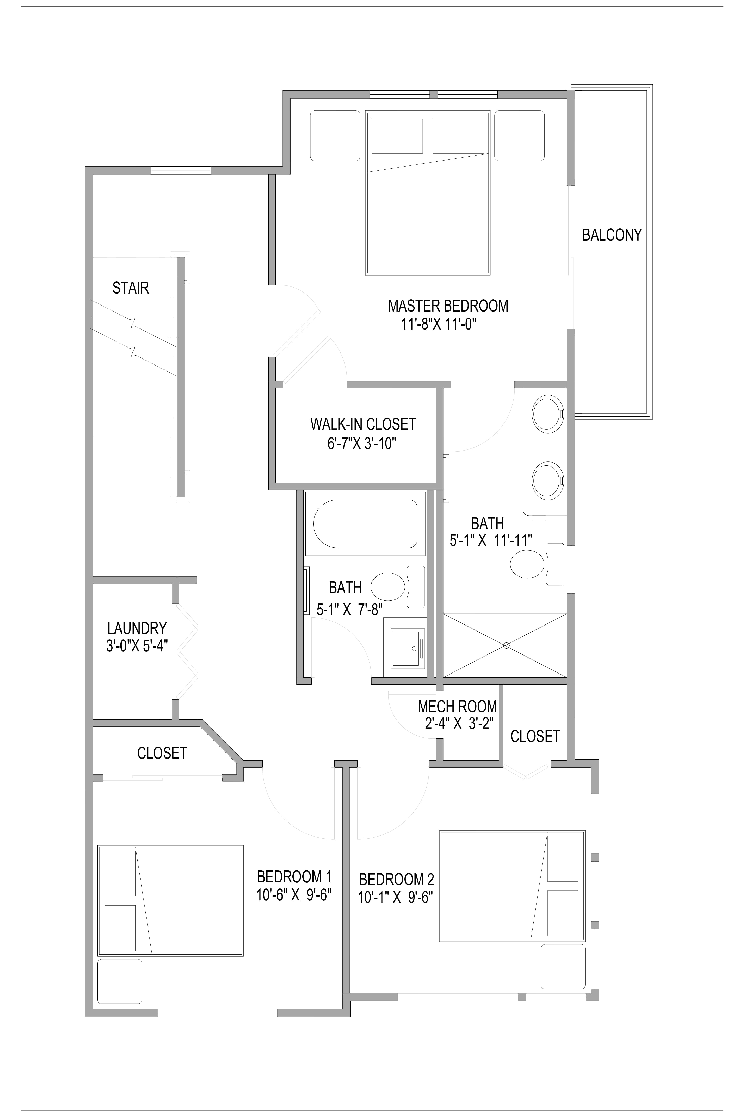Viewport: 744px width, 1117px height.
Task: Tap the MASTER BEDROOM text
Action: point(448,306)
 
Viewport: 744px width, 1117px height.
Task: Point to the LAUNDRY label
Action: point(137,628)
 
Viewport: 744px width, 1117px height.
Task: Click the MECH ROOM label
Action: point(457,706)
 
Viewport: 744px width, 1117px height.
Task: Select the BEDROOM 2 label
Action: point(397,880)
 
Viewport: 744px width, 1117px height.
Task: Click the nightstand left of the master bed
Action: point(335,136)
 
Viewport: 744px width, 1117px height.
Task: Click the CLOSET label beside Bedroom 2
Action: point(535,736)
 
